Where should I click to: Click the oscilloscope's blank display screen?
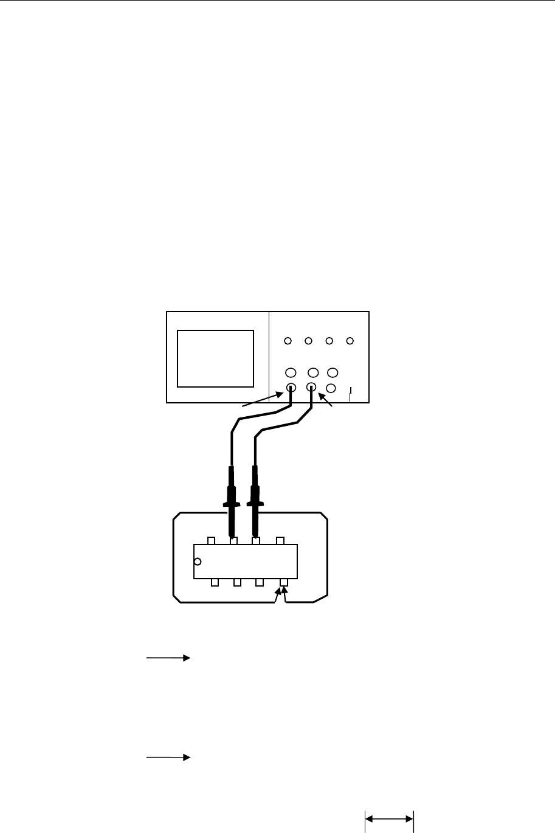click(x=215, y=358)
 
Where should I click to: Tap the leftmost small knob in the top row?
click(x=288, y=341)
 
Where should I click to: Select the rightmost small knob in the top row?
click(x=350, y=341)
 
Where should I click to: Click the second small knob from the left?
click(x=309, y=341)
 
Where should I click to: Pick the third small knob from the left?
click(x=329, y=341)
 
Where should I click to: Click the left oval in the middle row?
click(x=291, y=372)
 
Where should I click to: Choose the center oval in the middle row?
click(x=313, y=372)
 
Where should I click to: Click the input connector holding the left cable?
click(x=291, y=387)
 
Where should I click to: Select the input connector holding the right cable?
click(x=311, y=387)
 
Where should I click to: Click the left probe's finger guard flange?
click(x=231, y=504)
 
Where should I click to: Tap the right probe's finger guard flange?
click(x=256, y=504)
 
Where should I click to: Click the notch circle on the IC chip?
click(x=196, y=561)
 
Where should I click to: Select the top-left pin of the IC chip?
click(x=212, y=541)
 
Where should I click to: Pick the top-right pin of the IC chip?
click(x=280, y=541)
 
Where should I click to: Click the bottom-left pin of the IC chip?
click(x=215, y=583)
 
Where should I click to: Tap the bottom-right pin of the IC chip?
click(x=283, y=583)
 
